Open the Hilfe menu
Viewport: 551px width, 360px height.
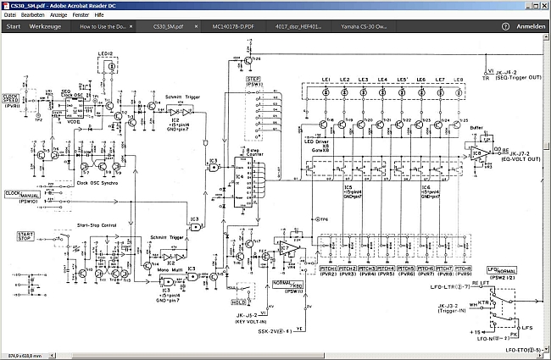99,15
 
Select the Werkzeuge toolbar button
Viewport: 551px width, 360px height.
45,26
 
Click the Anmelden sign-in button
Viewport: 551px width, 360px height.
531,26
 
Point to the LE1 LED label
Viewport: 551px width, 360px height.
326,80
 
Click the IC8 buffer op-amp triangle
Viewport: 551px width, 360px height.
480,153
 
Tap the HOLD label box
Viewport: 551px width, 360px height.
239,301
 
